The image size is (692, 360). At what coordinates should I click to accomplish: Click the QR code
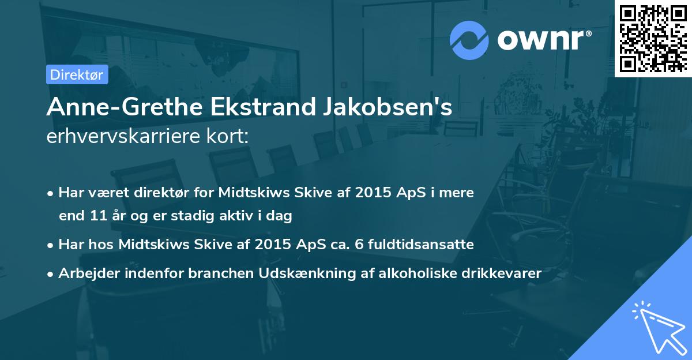653,38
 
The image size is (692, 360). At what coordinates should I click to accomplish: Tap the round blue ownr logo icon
469,40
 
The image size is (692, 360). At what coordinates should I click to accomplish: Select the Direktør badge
77,74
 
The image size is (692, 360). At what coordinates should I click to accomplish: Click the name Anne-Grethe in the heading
110,107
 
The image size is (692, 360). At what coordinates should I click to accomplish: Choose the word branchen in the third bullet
213,273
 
